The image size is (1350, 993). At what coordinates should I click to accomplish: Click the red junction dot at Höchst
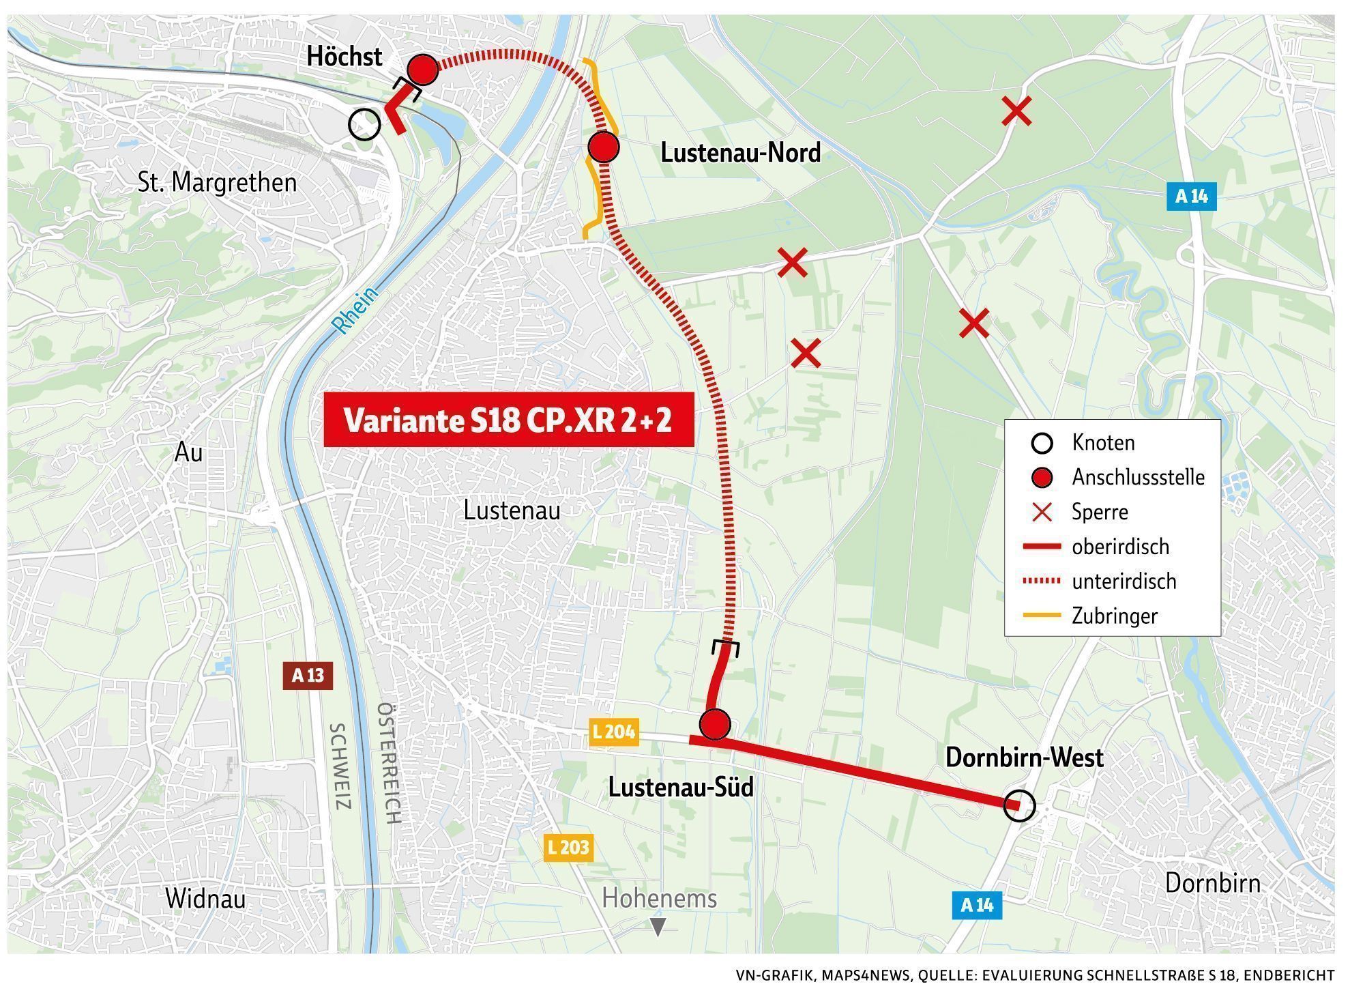point(422,70)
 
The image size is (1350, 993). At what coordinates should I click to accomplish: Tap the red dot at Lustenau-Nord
point(603,147)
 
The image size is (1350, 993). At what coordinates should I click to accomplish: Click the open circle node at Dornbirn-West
point(1019,806)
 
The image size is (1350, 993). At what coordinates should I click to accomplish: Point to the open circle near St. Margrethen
point(364,125)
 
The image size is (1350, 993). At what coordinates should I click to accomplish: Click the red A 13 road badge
point(308,676)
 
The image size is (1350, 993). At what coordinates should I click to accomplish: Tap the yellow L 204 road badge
point(614,732)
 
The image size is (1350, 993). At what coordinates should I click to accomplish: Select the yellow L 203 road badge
point(568,848)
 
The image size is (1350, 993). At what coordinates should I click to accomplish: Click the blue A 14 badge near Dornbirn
point(977,905)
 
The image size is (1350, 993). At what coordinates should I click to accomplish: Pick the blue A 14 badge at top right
point(1191,197)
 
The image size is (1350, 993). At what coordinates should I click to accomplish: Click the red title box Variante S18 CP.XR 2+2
point(508,420)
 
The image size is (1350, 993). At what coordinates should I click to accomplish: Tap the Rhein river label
point(355,311)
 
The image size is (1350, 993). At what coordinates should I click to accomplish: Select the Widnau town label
point(205,899)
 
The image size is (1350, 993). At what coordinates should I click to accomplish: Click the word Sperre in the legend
point(1099,512)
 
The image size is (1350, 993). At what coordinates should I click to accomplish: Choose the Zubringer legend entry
point(1114,616)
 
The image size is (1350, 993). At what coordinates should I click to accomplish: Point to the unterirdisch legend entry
point(1124,581)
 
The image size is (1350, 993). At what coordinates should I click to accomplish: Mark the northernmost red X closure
point(1016,111)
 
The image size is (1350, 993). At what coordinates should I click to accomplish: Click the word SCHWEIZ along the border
point(340,766)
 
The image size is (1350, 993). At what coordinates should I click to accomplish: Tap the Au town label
point(189,452)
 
